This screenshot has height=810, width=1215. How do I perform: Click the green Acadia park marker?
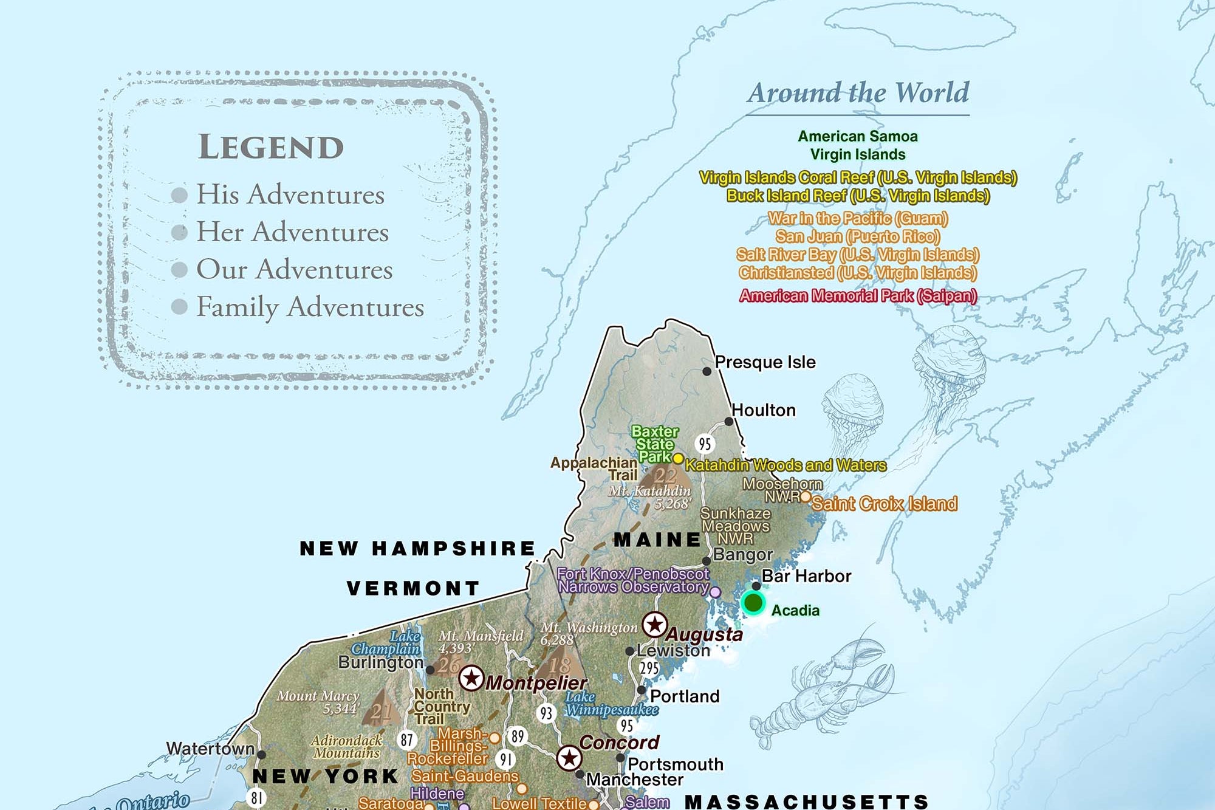tap(753, 603)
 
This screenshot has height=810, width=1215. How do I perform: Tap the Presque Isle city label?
tap(765, 362)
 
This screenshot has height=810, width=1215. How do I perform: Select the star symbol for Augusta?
tap(654, 624)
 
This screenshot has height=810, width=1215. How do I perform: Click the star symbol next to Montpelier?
tap(471, 678)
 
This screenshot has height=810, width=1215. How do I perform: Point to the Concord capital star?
tap(569, 758)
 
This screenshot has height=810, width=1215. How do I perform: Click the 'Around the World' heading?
tap(858, 93)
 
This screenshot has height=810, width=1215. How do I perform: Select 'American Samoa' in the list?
tap(857, 136)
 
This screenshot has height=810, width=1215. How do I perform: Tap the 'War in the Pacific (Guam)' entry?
tap(857, 218)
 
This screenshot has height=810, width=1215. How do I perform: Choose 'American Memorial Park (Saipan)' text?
tap(857, 296)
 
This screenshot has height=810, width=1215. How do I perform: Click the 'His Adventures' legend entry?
tap(290, 194)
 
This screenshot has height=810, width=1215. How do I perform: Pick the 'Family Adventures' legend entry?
tap(310, 307)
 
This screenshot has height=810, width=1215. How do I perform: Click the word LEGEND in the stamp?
tap(271, 148)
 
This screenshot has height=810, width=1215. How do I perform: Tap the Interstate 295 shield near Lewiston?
tap(649, 668)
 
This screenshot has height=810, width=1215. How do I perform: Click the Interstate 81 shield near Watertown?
tap(257, 797)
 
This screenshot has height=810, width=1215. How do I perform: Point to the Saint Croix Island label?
tap(884, 504)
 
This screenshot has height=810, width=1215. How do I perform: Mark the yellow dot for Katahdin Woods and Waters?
tap(678, 458)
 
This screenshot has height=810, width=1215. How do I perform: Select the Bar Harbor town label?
tap(806, 576)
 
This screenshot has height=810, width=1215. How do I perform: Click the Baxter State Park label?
tap(654, 444)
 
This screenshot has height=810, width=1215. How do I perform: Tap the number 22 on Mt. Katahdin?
tap(665, 476)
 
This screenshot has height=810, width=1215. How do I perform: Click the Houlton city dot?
tap(728, 421)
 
